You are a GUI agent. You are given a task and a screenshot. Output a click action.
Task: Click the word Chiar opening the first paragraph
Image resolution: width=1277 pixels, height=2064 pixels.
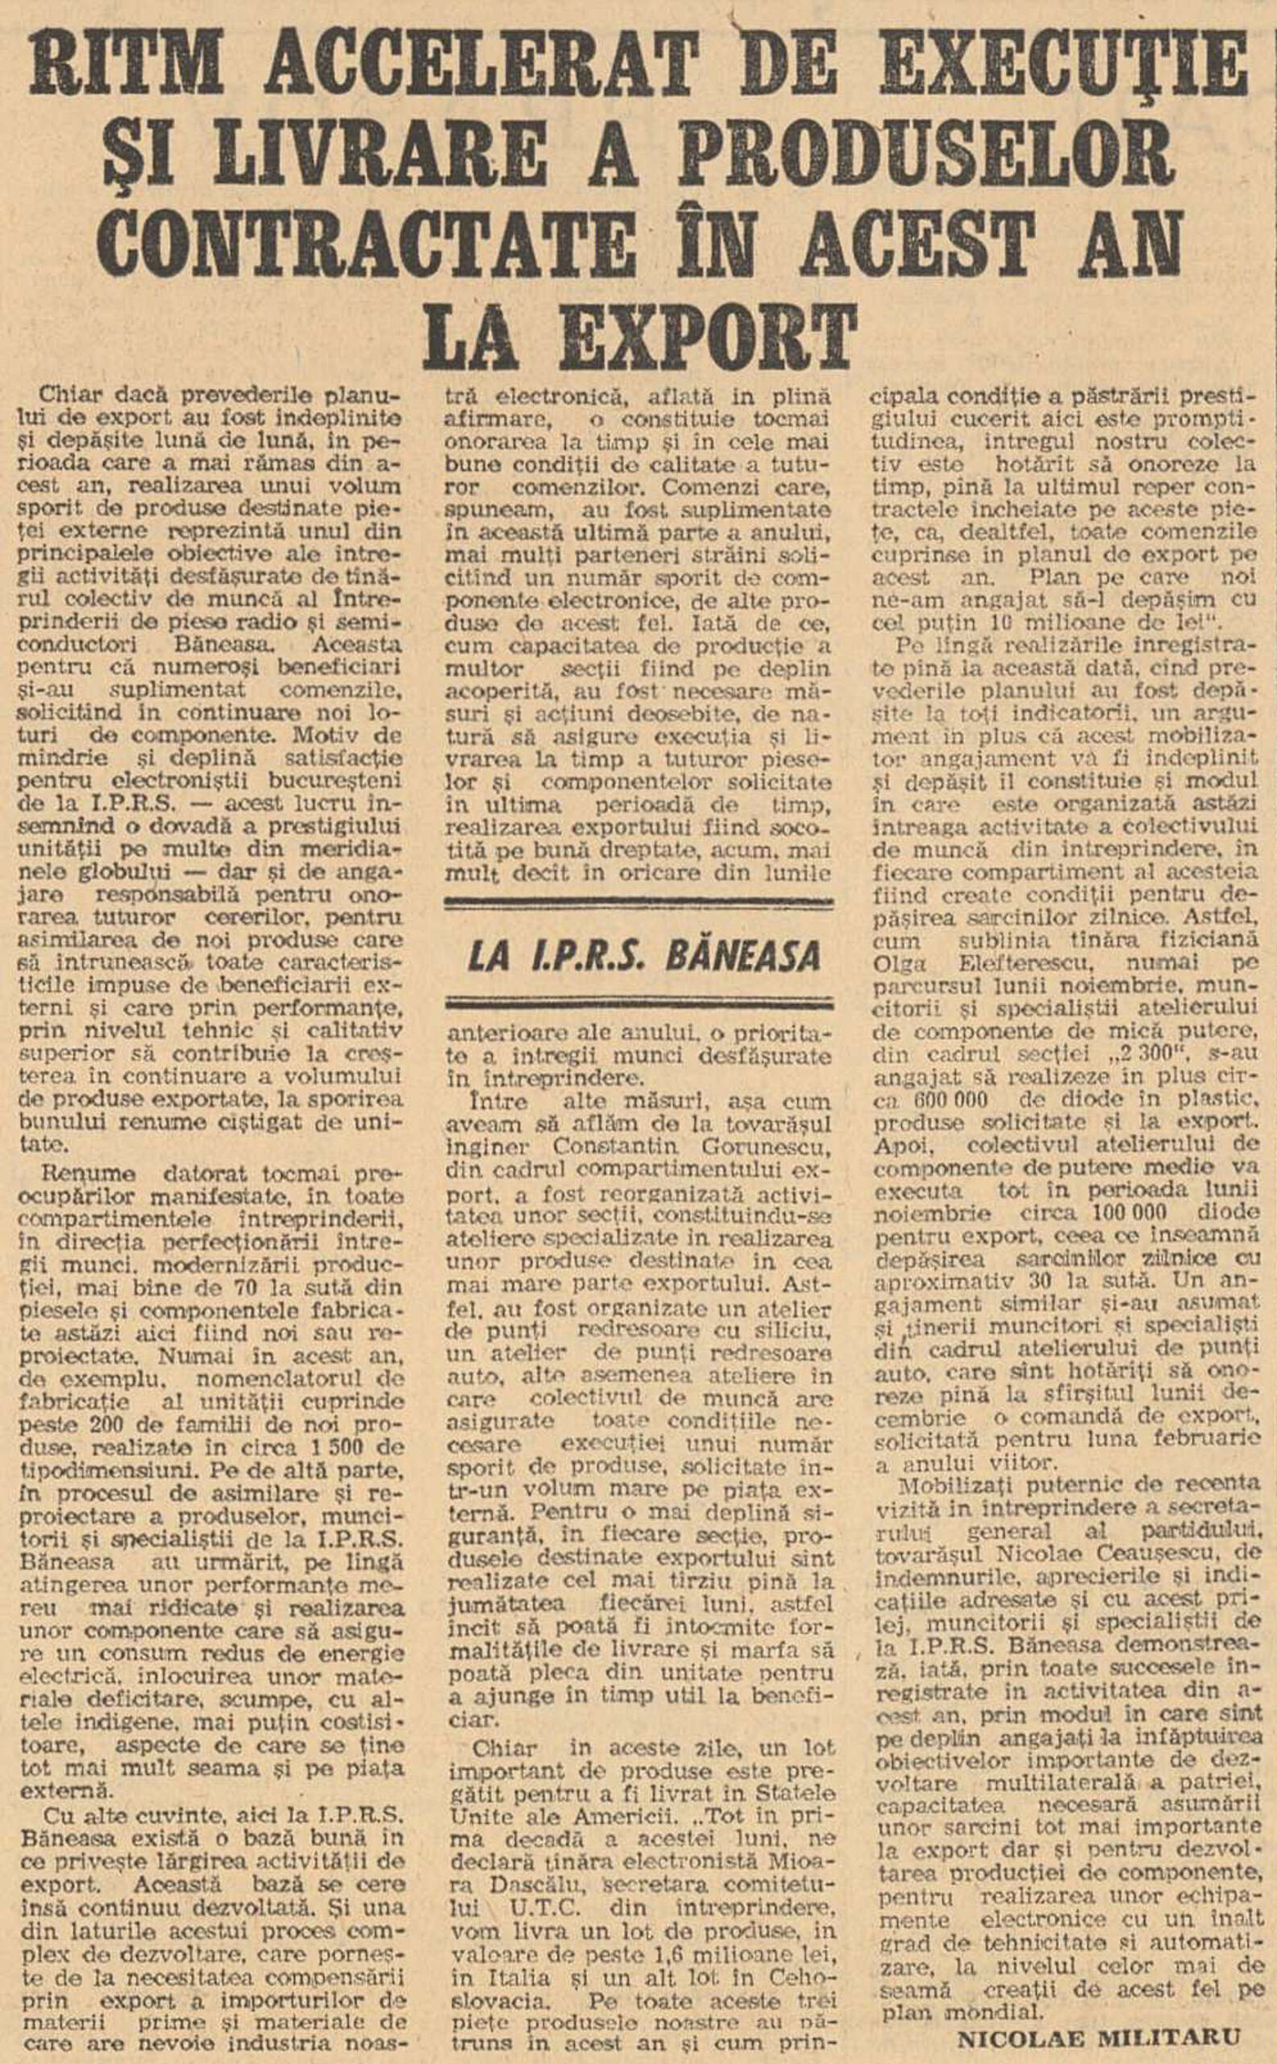[x=69, y=395]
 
